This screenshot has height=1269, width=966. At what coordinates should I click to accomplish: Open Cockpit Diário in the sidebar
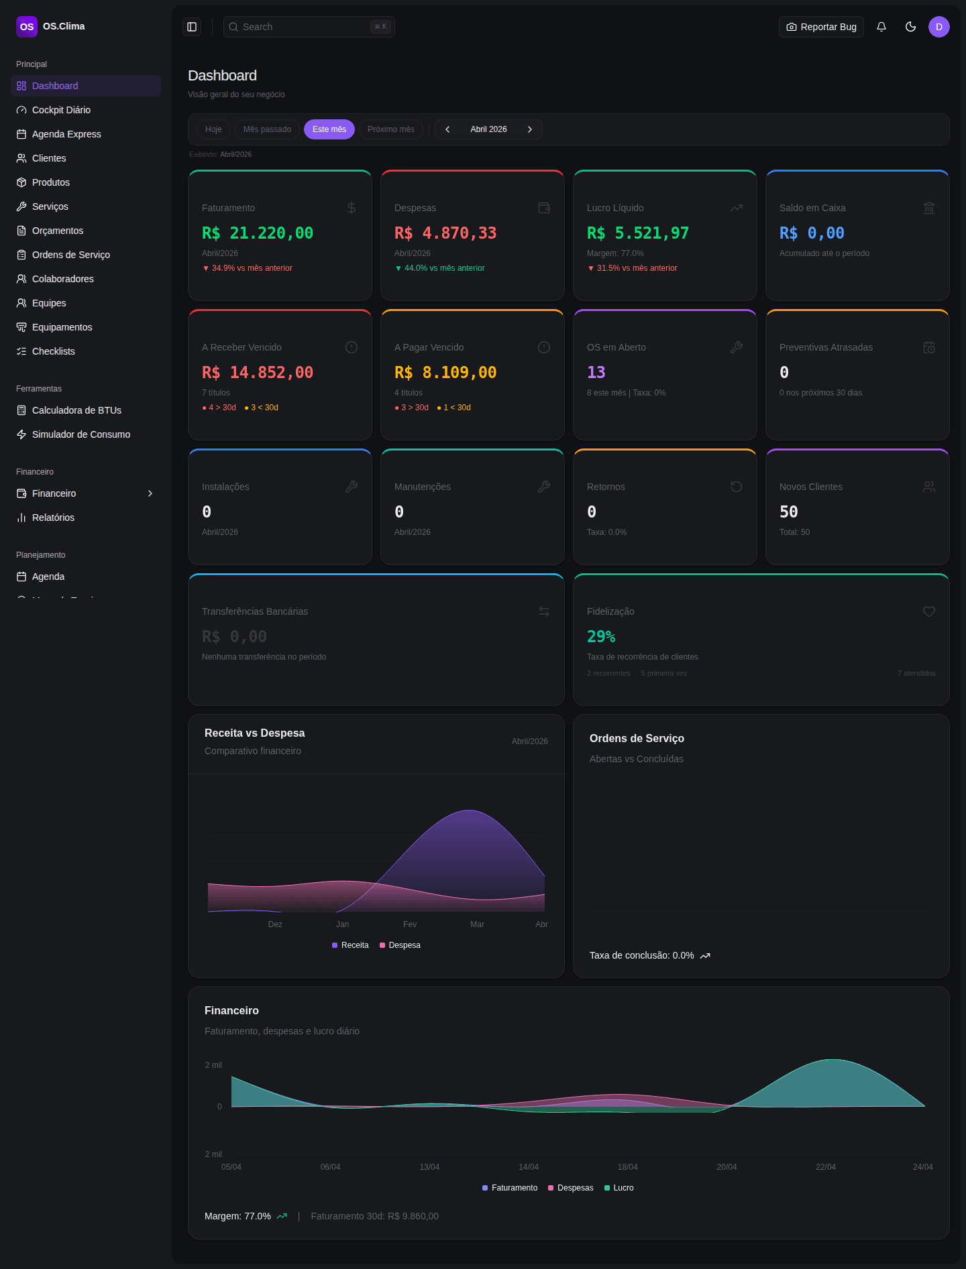pyautogui.click(x=61, y=110)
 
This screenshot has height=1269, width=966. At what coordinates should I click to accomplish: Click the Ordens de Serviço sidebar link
pyautogui.click(x=70, y=255)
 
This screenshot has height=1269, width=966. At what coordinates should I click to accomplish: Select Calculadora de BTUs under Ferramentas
pyautogui.click(x=76, y=410)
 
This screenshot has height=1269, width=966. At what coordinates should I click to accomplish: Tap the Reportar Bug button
pyautogui.click(x=821, y=27)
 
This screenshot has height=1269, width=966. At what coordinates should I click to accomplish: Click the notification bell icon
pyautogui.click(x=881, y=27)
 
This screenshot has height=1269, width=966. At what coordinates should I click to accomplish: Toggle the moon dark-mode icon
pyautogui.click(x=910, y=27)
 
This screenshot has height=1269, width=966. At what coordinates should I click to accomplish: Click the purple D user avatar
pyautogui.click(x=938, y=27)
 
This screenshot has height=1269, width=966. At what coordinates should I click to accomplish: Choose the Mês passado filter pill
pyautogui.click(x=267, y=129)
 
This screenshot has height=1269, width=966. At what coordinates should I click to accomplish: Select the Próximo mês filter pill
pyautogui.click(x=390, y=129)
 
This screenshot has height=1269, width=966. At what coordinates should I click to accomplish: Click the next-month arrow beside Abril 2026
pyautogui.click(x=530, y=129)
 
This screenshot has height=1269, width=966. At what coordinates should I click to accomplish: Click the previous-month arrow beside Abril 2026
pyautogui.click(x=447, y=129)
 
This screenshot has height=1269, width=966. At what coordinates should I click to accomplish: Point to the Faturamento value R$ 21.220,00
pyautogui.click(x=258, y=233)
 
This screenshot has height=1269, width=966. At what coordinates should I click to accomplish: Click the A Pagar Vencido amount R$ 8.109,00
pyautogui.click(x=445, y=373)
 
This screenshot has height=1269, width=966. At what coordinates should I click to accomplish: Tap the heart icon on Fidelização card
pyautogui.click(x=929, y=611)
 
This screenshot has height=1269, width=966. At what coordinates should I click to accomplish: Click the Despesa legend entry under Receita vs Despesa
pyautogui.click(x=400, y=945)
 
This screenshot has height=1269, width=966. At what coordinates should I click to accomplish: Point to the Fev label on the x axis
pyautogui.click(x=410, y=924)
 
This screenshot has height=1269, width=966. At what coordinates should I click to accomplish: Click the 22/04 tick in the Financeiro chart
pyautogui.click(x=825, y=1167)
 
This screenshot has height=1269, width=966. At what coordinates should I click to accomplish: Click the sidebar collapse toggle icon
pyautogui.click(x=192, y=27)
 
